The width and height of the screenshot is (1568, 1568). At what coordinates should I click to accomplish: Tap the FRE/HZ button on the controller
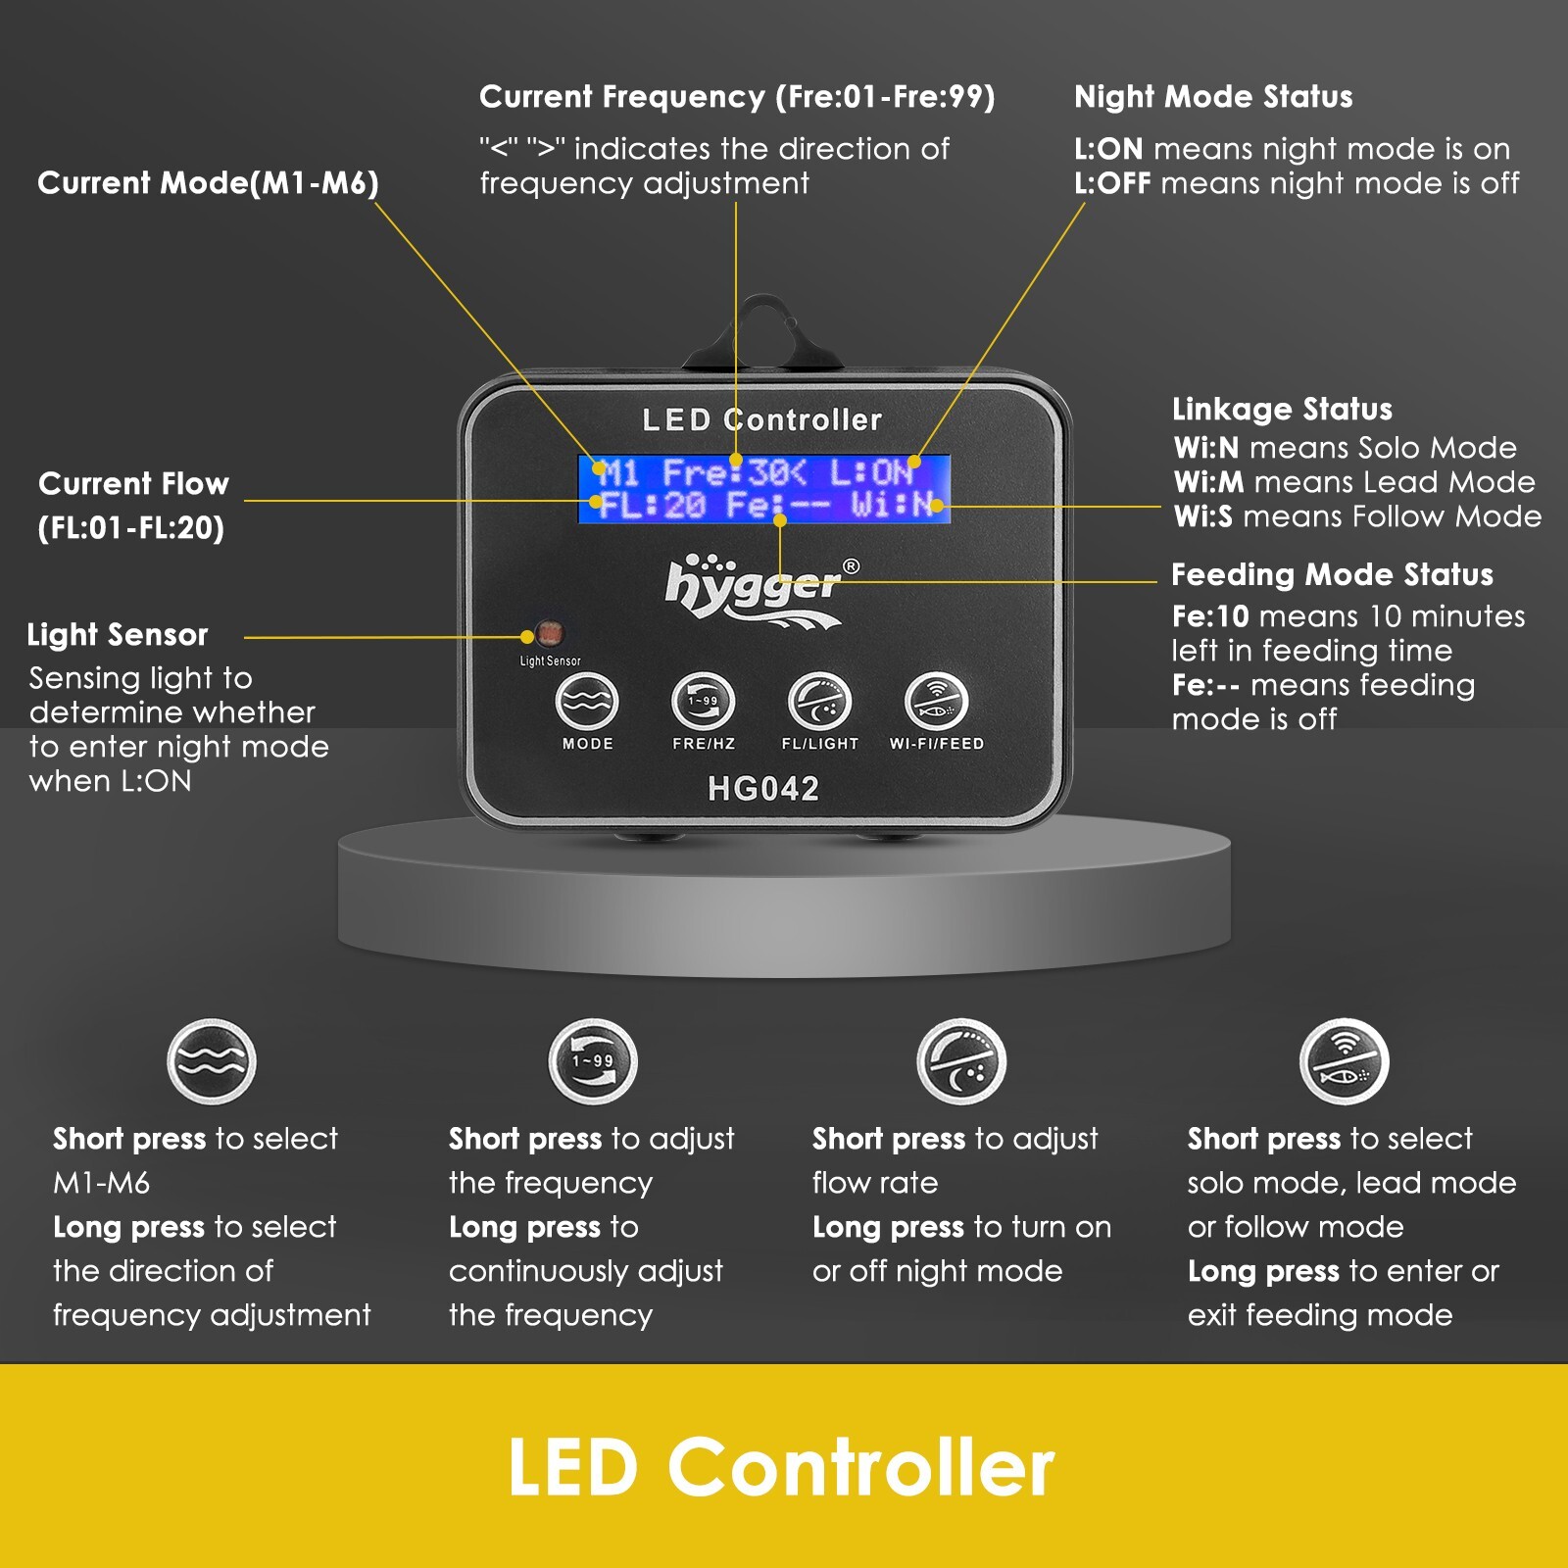click(703, 702)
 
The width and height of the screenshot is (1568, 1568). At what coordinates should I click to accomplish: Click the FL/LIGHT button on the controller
click(819, 702)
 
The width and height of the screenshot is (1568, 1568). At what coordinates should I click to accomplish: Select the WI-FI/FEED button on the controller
click(936, 702)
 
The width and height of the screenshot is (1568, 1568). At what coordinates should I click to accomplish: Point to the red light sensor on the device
click(550, 632)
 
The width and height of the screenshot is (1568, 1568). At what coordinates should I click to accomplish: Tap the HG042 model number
click(763, 789)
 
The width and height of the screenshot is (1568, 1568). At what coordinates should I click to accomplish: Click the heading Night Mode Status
click(1213, 97)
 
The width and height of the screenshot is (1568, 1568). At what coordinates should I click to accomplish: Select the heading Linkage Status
click(1282, 409)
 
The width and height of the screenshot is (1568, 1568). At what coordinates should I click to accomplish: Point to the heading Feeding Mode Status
click(1332, 574)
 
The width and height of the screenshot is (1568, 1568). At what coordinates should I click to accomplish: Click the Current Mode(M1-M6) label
click(208, 183)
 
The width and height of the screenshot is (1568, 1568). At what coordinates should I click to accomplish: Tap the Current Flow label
click(133, 505)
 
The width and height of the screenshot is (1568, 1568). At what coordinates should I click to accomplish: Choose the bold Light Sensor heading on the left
click(118, 635)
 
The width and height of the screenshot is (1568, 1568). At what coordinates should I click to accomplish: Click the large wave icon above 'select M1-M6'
click(212, 1061)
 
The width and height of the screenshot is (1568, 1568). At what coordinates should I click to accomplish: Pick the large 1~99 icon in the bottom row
click(593, 1061)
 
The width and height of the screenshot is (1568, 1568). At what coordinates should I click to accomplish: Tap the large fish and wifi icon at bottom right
click(1345, 1061)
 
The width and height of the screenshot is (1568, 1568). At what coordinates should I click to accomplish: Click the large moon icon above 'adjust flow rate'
click(961, 1061)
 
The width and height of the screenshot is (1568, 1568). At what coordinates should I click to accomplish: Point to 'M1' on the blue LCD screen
click(618, 473)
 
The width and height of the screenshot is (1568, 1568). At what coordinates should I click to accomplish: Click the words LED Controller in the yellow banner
click(781, 1467)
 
